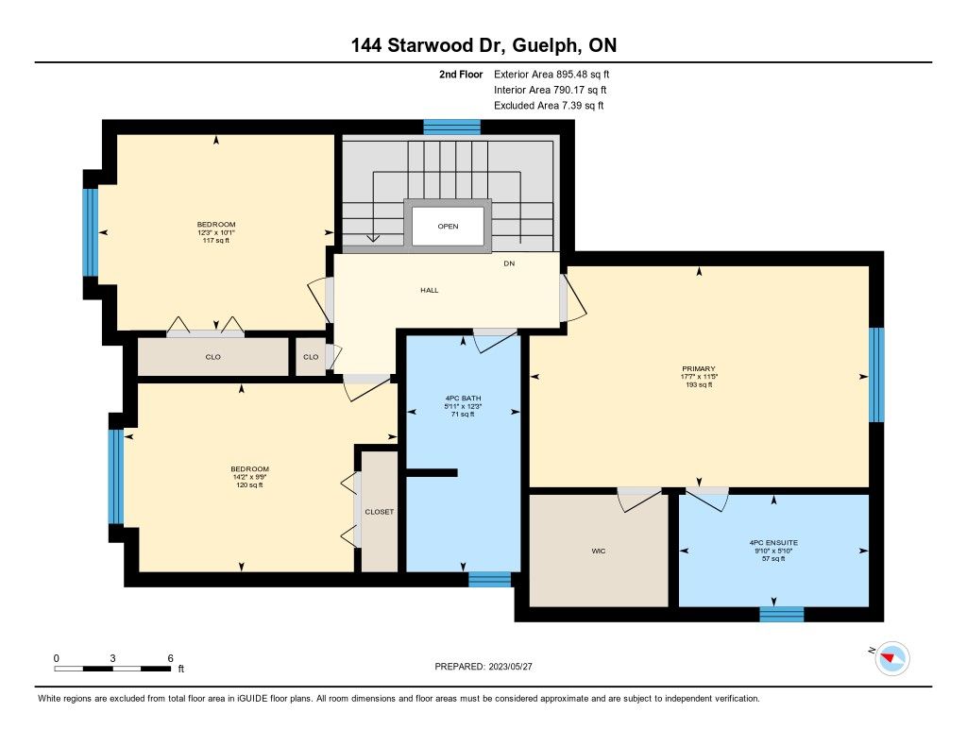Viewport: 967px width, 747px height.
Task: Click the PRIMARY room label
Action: click(x=699, y=368)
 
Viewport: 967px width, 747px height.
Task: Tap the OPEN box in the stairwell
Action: click(x=448, y=226)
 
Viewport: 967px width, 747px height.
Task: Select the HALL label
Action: click(x=430, y=290)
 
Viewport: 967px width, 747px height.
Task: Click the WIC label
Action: click(x=598, y=551)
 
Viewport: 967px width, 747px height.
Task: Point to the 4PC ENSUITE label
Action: click(x=773, y=543)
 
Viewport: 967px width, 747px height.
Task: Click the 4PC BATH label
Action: click(x=463, y=399)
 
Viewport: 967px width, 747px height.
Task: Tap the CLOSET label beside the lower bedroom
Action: click(x=380, y=512)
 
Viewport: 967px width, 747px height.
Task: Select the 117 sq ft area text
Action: click(x=216, y=241)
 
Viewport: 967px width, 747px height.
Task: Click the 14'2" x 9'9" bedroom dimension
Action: click(x=249, y=477)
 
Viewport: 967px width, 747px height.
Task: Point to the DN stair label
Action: click(x=509, y=263)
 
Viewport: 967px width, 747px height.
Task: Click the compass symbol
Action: click(x=891, y=658)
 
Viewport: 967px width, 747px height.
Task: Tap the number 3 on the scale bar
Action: click(x=113, y=658)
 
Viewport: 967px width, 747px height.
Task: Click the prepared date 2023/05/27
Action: click(x=510, y=666)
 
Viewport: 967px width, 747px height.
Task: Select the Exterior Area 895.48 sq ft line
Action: click(x=551, y=74)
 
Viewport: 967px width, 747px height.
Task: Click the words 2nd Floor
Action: click(x=461, y=74)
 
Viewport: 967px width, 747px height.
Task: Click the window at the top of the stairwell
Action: click(x=452, y=127)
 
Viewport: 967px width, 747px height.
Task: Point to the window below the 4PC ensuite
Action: click(x=781, y=615)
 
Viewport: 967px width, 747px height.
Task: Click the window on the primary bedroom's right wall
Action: click(x=876, y=374)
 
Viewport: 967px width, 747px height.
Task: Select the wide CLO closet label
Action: click(x=212, y=357)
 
